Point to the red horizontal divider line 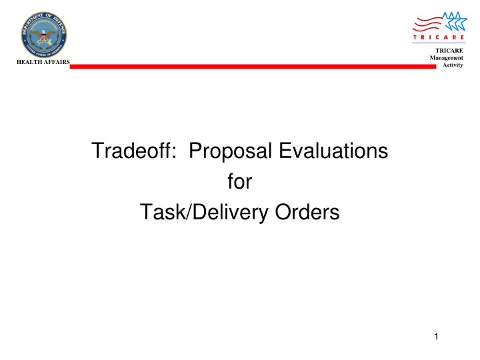[x=253, y=66]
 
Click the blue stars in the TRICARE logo [x=455, y=20]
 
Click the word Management [x=446, y=58]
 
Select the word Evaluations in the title [x=333, y=151]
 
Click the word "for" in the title [x=239, y=182]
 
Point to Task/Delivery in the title [x=200, y=213]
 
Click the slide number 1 [x=436, y=336]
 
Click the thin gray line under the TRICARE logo [x=438, y=44]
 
